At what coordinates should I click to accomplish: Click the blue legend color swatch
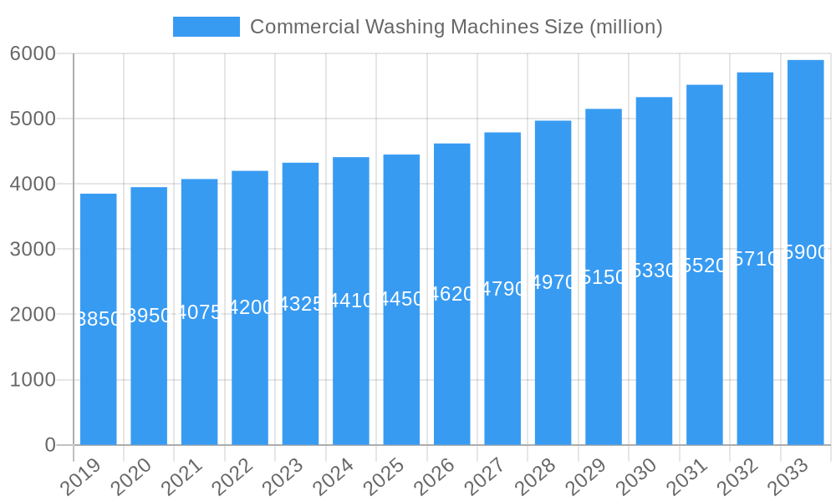pyautogui.click(x=206, y=27)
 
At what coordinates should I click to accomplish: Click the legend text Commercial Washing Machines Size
pyautogui.click(x=456, y=27)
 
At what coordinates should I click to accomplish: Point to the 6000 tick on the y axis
pyautogui.click(x=33, y=53)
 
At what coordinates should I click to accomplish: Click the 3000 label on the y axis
pyautogui.click(x=33, y=249)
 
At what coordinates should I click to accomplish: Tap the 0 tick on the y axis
pyautogui.click(x=50, y=445)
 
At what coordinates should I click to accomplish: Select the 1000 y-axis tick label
pyautogui.click(x=33, y=380)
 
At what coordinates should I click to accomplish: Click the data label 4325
pyautogui.click(x=300, y=304)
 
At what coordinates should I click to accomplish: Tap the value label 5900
pyautogui.click(x=805, y=252)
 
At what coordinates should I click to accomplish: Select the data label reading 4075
pyautogui.click(x=199, y=312)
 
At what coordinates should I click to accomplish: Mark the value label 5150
pyautogui.click(x=604, y=277)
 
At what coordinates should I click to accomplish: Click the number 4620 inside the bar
pyautogui.click(x=452, y=294)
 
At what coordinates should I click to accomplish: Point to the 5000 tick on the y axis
pyautogui.click(x=33, y=119)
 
